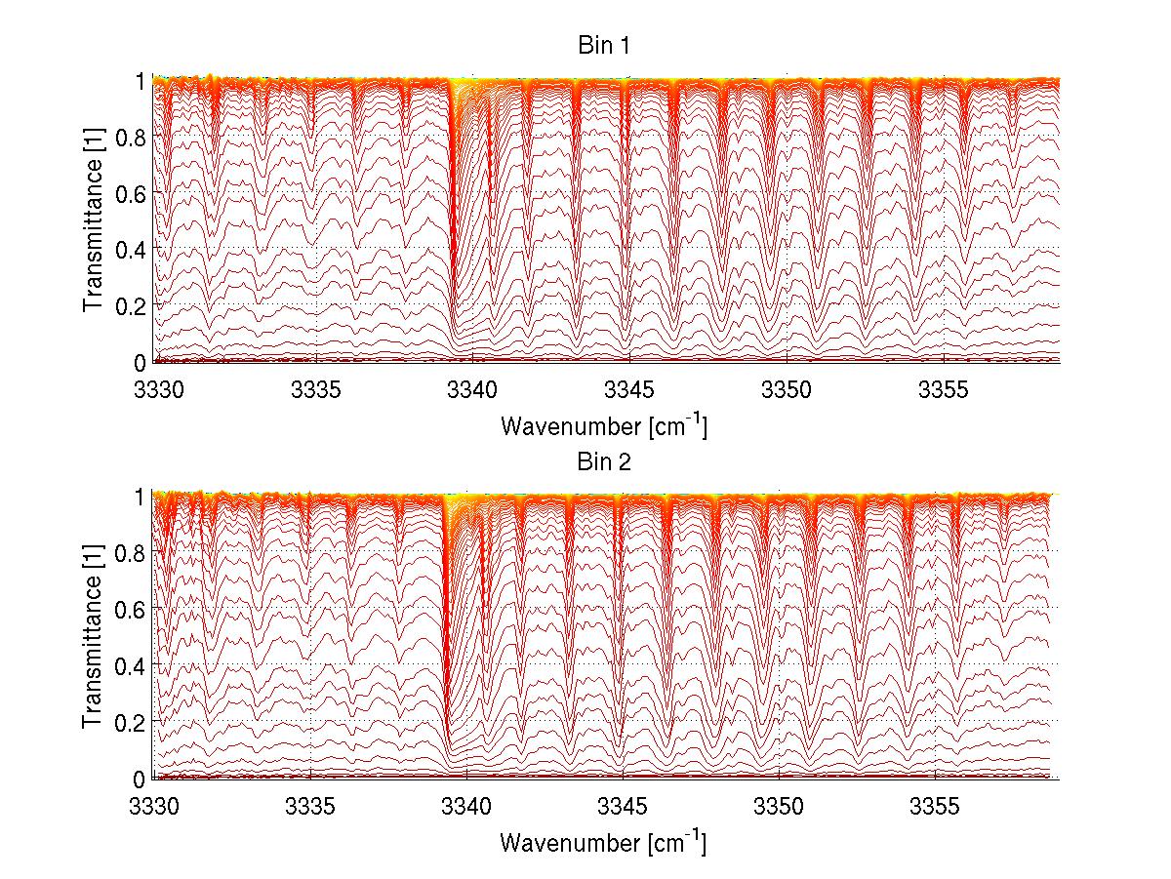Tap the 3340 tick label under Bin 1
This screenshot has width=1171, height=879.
[x=472, y=391]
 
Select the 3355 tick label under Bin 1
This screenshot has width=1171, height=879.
[x=943, y=391]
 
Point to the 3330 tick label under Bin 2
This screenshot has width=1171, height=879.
[x=156, y=807]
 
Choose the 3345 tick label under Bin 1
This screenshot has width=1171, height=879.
[x=629, y=391]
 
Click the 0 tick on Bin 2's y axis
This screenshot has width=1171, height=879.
[x=141, y=779]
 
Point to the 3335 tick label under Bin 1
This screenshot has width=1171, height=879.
[x=315, y=391]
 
